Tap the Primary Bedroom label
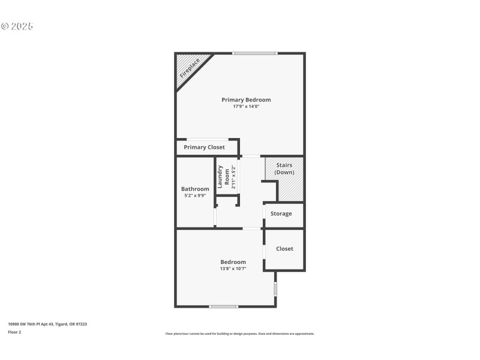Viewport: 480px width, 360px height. tap(246, 100)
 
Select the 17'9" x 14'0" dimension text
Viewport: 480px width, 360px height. tap(246, 107)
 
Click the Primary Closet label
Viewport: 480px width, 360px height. tap(204, 147)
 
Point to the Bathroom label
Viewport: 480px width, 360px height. tap(195, 189)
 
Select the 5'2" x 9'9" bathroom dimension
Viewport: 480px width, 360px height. tap(195, 196)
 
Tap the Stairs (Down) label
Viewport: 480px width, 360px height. tap(284, 169)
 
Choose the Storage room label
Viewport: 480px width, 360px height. tap(281, 214)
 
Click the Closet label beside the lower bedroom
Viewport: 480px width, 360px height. tap(284, 248)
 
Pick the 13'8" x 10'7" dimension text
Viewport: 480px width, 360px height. tap(233, 269)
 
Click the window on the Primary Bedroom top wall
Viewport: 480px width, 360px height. tap(255, 53)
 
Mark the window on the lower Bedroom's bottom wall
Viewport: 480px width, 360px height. tap(223, 307)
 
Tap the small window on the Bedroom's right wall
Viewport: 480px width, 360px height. tap(275, 289)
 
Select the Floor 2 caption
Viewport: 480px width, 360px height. tap(14, 332)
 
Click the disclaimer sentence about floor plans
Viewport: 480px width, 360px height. tap(239, 334)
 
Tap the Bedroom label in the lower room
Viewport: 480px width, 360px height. tap(233, 262)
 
